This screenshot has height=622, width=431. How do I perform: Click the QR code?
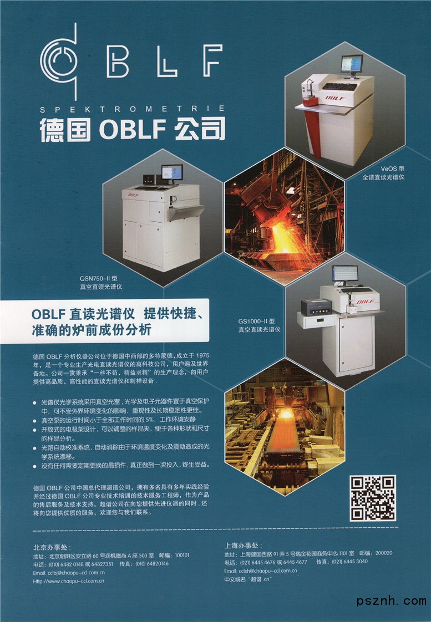pos(373,498)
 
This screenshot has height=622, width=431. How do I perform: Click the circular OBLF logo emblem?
pos(59,62)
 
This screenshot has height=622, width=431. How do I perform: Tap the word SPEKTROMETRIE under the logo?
pos(133,109)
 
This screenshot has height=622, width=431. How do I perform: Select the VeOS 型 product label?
pos(393,169)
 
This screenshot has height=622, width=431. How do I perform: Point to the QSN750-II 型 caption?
pos(98,278)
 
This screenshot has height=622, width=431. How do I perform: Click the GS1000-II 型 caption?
pos(256,321)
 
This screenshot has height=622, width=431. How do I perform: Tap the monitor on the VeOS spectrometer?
pos(352,64)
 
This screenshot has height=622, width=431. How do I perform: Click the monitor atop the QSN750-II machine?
pos(172,173)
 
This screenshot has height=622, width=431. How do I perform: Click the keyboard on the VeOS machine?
pos(339,86)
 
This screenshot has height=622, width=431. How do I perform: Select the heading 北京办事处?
pos(52,547)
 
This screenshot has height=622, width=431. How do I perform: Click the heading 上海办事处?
pos(244,545)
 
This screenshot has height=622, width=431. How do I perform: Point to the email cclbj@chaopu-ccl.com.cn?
pos(69,573)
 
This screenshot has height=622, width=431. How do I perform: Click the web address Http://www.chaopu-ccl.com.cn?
pos(69,581)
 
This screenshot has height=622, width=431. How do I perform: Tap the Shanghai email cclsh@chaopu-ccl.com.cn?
pos(260,571)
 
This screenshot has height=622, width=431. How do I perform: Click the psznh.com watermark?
pos(391,601)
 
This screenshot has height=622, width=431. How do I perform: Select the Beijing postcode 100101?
pos(182,555)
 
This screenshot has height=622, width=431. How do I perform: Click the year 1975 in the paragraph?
pos(202,355)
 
